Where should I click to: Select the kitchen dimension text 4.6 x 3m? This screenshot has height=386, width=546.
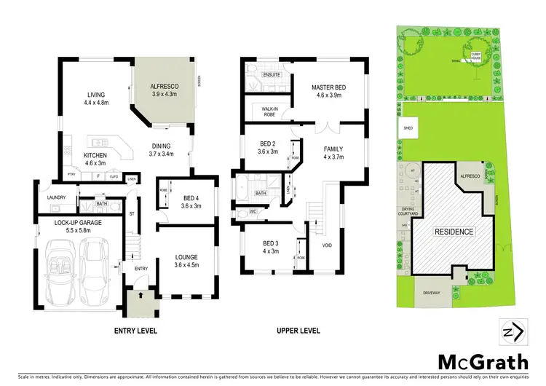[x=95, y=165]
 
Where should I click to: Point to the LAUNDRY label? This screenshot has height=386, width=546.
[x=57, y=197]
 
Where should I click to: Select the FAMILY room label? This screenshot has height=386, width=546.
[x=333, y=149]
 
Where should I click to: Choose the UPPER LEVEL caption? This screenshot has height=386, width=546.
[x=298, y=331]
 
